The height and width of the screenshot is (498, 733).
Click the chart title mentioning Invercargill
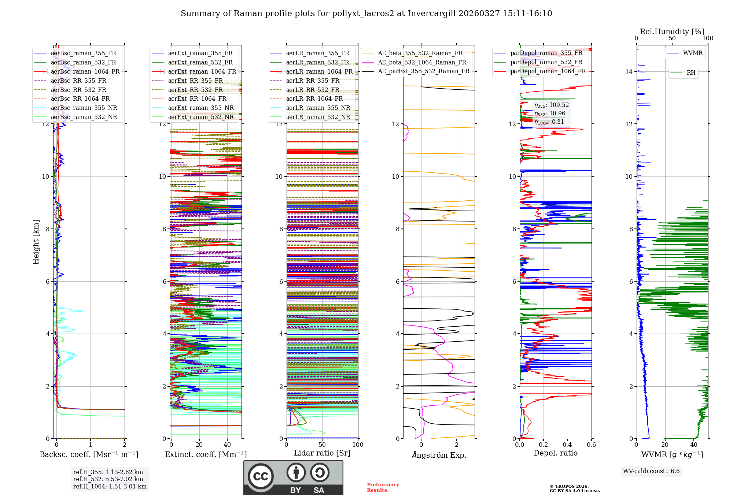pos(366,14)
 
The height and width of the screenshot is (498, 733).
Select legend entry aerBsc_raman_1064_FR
pos(85,71)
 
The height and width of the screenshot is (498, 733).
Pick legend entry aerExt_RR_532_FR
pos(195,90)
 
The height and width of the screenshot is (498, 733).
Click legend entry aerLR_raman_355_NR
pos(318,108)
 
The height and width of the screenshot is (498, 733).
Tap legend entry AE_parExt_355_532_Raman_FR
pos(423,71)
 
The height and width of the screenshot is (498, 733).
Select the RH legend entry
pos(691,73)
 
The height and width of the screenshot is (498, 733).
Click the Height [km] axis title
pos(36,242)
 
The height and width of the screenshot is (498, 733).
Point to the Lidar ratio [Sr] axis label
pos(322,453)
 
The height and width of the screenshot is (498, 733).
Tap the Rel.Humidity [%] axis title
pos(672,31)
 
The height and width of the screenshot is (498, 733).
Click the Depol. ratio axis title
pos(555,453)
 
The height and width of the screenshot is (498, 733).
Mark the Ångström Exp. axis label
pos(439,455)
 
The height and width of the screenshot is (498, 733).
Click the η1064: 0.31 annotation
pos(549,122)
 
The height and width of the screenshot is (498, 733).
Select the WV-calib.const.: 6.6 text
pos(651,471)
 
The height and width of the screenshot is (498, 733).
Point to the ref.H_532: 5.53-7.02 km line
pos(108,479)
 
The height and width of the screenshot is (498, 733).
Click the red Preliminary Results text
pos(383,487)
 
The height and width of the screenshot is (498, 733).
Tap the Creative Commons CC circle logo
pos(261,476)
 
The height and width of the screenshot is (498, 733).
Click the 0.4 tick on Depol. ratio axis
pos(567,445)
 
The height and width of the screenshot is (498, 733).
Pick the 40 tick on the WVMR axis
pos(694,445)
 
